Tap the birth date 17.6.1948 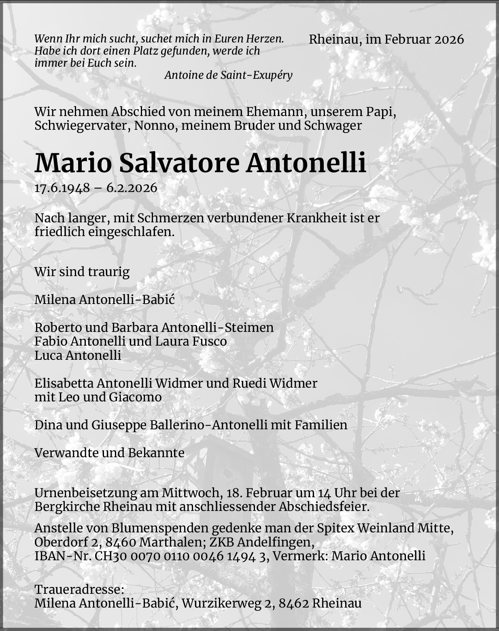click(x=62, y=188)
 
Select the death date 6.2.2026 click(x=132, y=188)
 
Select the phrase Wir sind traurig click(x=82, y=272)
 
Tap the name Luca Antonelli click(x=78, y=355)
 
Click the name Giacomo click(x=135, y=397)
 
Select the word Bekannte click(x=156, y=453)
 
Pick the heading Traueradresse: click(x=79, y=589)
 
